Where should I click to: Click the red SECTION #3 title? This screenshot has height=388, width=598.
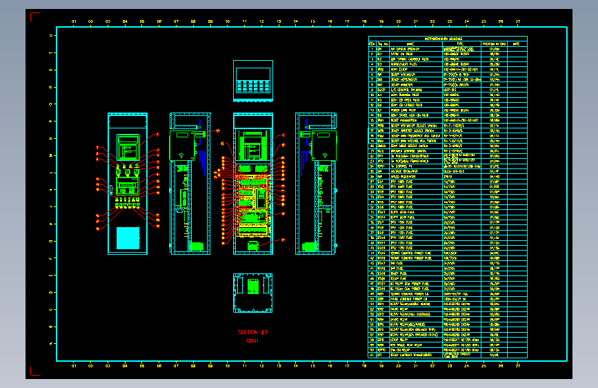tap(252, 332)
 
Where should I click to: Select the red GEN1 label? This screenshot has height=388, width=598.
tap(252, 340)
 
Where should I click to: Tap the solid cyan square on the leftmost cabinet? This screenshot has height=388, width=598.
tap(128, 237)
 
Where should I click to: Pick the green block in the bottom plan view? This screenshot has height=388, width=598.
tap(253, 285)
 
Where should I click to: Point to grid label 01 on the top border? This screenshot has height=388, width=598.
tap(74, 21)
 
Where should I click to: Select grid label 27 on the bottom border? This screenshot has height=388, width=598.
tap(519, 366)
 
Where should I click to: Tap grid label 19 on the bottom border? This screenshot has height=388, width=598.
tap(381, 366)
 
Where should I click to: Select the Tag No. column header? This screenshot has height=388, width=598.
tap(382, 43)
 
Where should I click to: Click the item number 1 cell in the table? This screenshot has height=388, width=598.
tap(372, 49)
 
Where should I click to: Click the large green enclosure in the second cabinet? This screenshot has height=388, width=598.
tap(181, 146)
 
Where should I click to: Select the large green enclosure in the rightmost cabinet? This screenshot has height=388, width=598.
tap(323, 146)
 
